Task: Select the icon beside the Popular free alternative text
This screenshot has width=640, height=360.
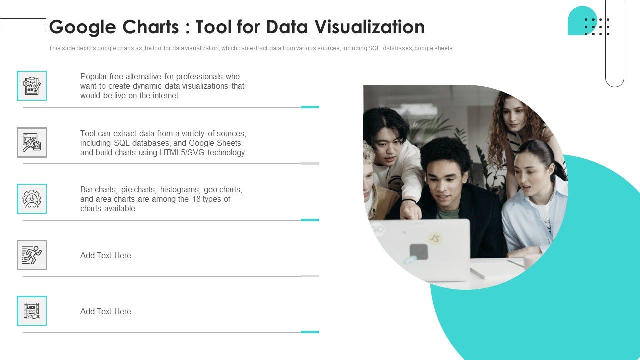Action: pos(32,86)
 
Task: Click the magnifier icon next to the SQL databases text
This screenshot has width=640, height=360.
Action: pos(32,143)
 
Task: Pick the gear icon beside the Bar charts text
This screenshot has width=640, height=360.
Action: pos(32,199)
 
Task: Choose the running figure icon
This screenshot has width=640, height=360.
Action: pos(32,255)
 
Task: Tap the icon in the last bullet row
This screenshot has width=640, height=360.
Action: pos(32,311)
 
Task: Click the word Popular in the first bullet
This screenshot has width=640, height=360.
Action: pos(94,76)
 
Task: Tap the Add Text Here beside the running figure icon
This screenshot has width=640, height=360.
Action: pos(106,255)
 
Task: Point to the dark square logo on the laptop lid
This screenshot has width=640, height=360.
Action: pos(419,252)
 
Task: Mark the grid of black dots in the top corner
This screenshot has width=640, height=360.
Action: pos(597,27)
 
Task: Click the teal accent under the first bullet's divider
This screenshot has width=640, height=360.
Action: pos(310,107)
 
